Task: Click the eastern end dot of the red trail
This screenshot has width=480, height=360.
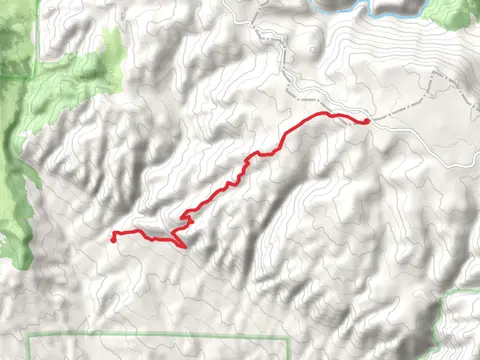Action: [x=367, y=121]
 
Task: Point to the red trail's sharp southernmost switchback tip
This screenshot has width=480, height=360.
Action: [x=185, y=247]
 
